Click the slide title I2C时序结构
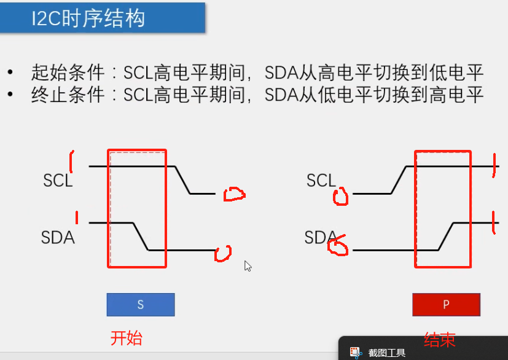point(88,18)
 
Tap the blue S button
point(140,305)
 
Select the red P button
point(446,305)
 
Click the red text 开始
point(126,338)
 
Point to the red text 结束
point(440,340)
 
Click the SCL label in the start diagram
point(58,181)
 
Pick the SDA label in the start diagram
point(58,237)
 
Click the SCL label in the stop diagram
point(321,181)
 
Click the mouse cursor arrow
point(247,265)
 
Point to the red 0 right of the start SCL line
point(234,195)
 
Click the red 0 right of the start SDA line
point(223,253)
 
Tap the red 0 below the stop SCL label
point(340,197)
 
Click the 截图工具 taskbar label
point(386,353)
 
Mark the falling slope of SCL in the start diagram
point(183,180)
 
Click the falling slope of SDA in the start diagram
point(141,237)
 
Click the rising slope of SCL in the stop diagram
point(399,180)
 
